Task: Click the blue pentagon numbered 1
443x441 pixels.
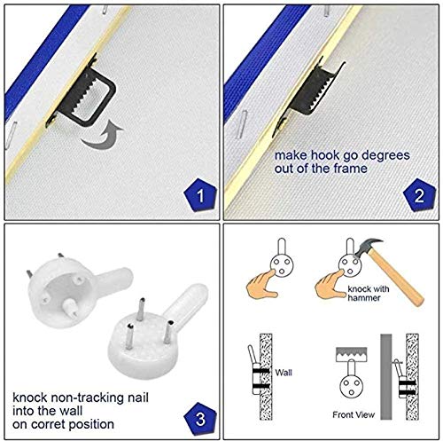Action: click(200, 194)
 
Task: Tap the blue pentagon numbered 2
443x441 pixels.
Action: click(419, 194)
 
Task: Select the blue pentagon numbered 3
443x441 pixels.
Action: click(200, 418)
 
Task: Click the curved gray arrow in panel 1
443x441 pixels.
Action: click(102, 136)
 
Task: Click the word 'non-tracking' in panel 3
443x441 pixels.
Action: click(100, 398)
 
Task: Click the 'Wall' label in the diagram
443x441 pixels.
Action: click(284, 373)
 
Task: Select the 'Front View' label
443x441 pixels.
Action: click(354, 414)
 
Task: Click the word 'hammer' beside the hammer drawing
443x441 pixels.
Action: click(364, 297)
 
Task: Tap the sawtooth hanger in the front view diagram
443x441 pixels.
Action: click(352, 354)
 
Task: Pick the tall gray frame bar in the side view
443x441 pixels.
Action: click(385, 376)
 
